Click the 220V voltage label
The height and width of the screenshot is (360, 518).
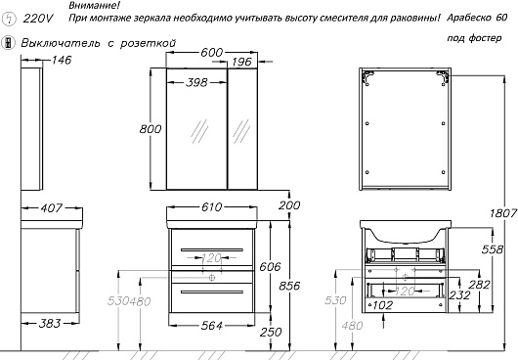38,19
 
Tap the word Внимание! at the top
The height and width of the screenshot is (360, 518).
95,5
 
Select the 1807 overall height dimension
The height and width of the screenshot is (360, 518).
503,213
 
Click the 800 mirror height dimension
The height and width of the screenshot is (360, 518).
151,128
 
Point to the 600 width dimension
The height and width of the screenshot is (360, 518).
212,53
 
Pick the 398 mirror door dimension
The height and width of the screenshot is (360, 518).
196,82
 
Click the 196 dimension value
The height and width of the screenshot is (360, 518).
241,62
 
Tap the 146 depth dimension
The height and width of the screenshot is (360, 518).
62,61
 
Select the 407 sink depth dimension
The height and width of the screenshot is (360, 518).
51,208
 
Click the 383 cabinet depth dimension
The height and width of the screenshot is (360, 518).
50,323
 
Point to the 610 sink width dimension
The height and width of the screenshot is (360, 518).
211,207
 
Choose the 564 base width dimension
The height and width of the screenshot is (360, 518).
211,326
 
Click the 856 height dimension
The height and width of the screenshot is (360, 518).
289,286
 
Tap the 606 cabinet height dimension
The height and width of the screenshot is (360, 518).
270,266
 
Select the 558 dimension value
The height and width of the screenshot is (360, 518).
493,249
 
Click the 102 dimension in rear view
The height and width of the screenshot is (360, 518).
382,305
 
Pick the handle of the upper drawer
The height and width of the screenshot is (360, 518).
212,249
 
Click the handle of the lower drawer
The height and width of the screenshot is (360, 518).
212,292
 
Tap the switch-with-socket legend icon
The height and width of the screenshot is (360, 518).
8,43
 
